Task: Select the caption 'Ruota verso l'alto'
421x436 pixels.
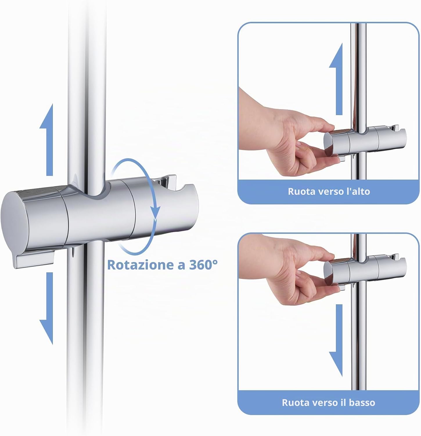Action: [329, 192]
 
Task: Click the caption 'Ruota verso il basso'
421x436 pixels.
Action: [328, 403]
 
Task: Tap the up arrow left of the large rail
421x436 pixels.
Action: [46, 140]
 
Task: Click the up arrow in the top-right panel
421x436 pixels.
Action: [336, 78]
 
